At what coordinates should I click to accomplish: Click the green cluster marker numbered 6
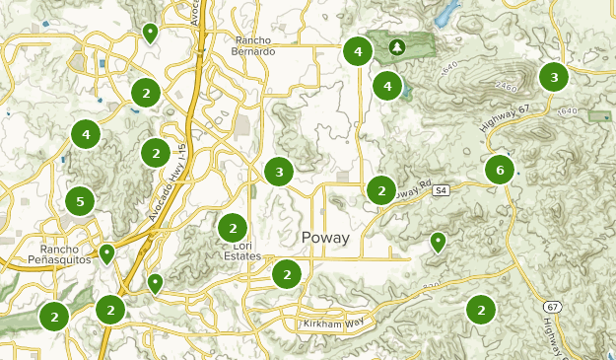[x=500, y=170]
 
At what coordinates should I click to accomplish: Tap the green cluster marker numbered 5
[x=80, y=202]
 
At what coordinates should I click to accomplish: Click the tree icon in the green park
[x=396, y=46]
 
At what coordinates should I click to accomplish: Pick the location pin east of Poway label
[x=439, y=241]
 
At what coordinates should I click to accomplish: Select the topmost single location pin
[x=149, y=34]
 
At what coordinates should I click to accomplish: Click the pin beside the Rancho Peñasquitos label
[x=106, y=253]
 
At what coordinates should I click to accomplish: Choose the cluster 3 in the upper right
[x=554, y=77]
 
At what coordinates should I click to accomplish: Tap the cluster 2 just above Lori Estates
[x=233, y=226]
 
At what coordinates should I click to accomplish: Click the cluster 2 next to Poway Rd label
[x=380, y=188]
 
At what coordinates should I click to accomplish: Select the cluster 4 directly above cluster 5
[x=86, y=133]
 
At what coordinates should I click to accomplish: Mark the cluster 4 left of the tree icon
[x=358, y=51]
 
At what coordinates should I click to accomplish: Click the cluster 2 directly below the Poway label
[x=286, y=273]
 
